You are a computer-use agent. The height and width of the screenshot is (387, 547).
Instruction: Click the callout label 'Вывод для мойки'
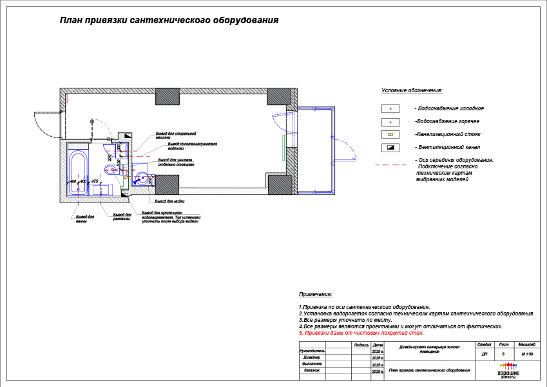click(x=159, y=201)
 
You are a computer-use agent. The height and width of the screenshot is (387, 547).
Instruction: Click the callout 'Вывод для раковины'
click(x=122, y=217)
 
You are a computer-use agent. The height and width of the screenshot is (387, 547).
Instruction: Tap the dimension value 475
click(x=95, y=182)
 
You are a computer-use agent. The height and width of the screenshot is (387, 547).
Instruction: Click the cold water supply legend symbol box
click(x=390, y=108)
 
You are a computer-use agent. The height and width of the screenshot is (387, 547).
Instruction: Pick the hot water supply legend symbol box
click(x=390, y=121)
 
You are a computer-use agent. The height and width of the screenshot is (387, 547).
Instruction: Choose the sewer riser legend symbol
click(x=390, y=134)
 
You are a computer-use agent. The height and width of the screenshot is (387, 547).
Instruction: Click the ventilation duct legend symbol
click(x=390, y=148)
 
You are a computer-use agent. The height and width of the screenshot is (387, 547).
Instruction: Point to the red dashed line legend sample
click(x=390, y=164)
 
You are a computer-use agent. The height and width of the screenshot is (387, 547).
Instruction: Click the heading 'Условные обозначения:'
click(x=412, y=91)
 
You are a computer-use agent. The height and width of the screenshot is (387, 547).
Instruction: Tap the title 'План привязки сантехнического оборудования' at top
click(x=169, y=20)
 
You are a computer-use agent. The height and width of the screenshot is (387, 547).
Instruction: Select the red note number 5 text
click(x=361, y=333)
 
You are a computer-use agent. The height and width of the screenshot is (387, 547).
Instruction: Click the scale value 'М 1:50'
click(x=527, y=354)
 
